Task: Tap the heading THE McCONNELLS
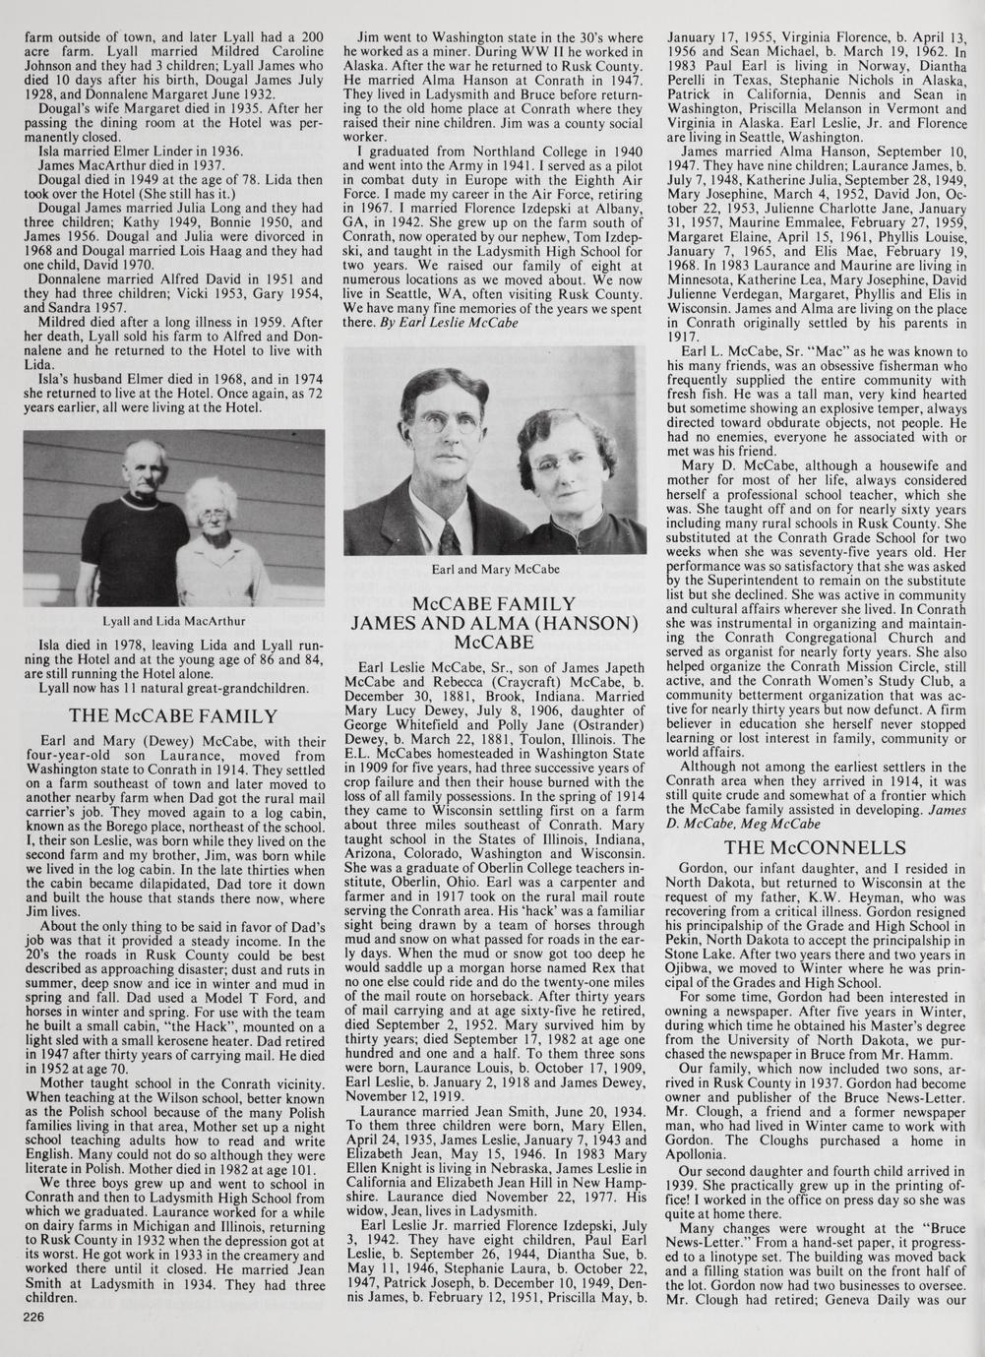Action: point(828,847)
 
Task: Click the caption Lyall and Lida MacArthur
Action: point(174,621)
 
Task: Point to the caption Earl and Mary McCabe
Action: point(496,569)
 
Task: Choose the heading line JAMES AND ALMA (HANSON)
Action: point(495,623)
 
